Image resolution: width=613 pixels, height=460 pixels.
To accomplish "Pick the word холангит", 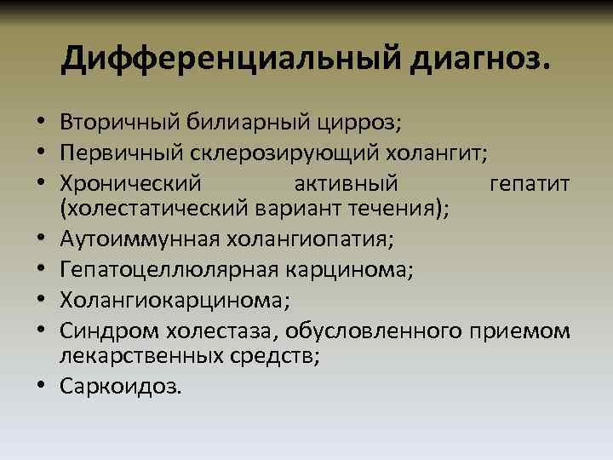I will tap(434, 153).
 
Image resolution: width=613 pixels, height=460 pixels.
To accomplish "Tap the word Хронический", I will tap(130, 183).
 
